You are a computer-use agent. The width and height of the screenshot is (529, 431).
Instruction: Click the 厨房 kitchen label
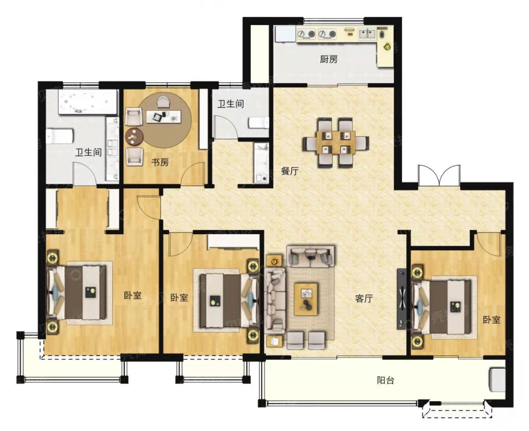coord(329,60)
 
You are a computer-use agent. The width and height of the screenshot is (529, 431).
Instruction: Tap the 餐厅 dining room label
coord(290,171)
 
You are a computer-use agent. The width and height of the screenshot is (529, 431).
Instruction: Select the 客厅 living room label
coord(364,298)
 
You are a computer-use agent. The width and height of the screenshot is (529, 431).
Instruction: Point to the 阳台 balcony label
coord(385,381)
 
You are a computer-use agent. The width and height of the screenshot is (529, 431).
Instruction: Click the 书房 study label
coord(160,162)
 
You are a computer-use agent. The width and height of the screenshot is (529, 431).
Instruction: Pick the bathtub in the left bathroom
coord(88,102)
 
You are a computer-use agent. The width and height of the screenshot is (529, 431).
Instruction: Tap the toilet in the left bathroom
coord(60,136)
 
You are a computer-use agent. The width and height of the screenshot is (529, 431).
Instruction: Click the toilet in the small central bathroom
coord(259,123)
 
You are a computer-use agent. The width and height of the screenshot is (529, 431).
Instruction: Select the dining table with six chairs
coord(336,143)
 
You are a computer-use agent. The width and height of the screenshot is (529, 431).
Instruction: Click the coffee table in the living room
coord(306,299)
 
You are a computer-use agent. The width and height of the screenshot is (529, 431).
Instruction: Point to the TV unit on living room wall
coord(402,298)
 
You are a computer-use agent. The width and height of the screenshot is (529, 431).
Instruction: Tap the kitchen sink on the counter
coord(367,34)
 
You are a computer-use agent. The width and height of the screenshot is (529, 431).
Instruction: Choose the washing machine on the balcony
coord(498,380)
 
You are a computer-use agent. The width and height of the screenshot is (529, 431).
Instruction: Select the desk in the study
coord(164,117)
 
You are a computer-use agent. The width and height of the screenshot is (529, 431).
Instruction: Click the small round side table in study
coord(134,137)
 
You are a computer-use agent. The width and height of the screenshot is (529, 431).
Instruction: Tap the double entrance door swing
coord(439,175)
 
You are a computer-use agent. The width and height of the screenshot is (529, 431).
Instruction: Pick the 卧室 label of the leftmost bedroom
coord(132,296)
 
